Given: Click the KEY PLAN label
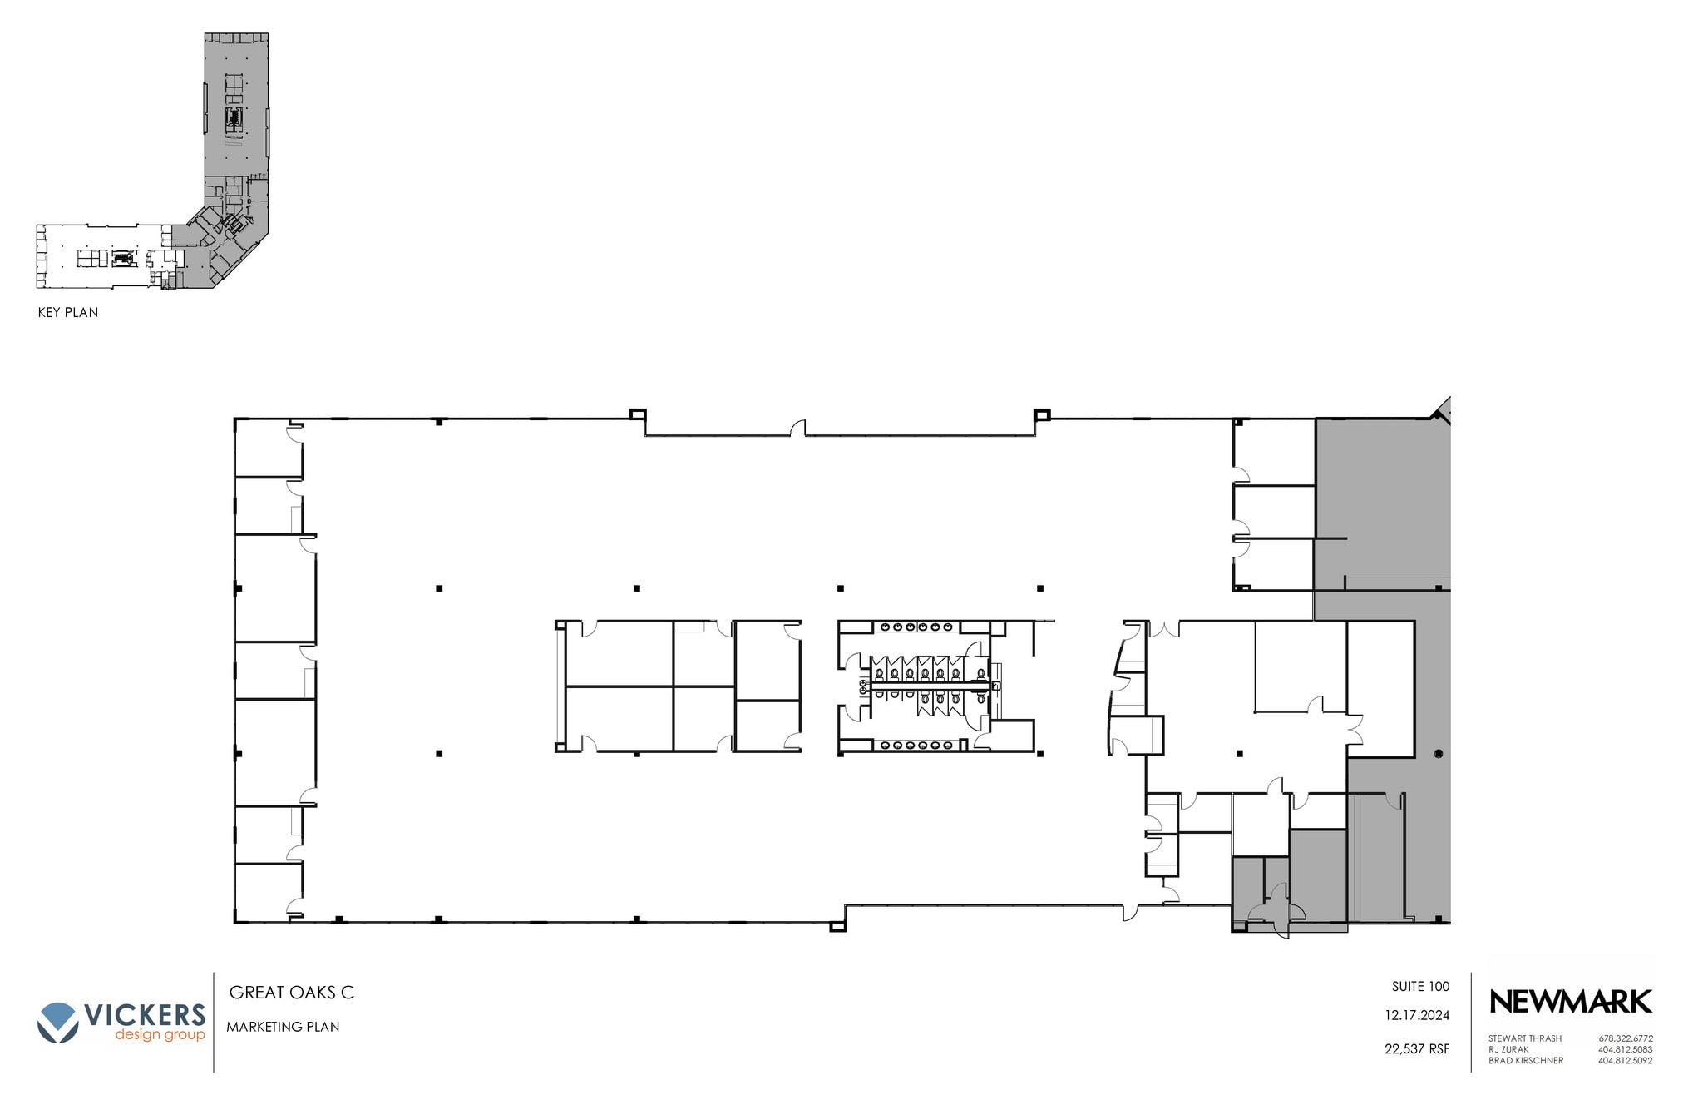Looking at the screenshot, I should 68,313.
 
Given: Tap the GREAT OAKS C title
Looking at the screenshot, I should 292,993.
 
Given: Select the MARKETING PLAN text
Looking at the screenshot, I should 283,1028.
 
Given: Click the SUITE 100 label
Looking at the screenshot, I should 1420,987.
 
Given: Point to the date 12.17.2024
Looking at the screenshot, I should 1417,1016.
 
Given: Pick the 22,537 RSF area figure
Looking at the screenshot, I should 1417,1049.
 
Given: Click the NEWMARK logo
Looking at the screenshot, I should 1570,1002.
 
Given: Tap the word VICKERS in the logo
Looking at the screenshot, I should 145,1016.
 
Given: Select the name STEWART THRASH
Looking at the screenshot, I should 1525,1038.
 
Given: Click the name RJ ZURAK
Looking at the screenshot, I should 1509,1049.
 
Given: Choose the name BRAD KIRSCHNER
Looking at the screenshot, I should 1526,1061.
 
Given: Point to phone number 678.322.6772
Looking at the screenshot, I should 1626,1038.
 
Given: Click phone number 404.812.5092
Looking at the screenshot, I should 1626,1061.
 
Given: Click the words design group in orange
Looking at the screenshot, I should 160,1035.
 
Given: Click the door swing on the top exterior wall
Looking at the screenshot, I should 797,428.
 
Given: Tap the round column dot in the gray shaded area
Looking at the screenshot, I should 1439,754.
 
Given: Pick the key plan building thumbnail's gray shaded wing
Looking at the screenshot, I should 237,116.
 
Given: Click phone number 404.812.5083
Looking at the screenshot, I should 1626,1049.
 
